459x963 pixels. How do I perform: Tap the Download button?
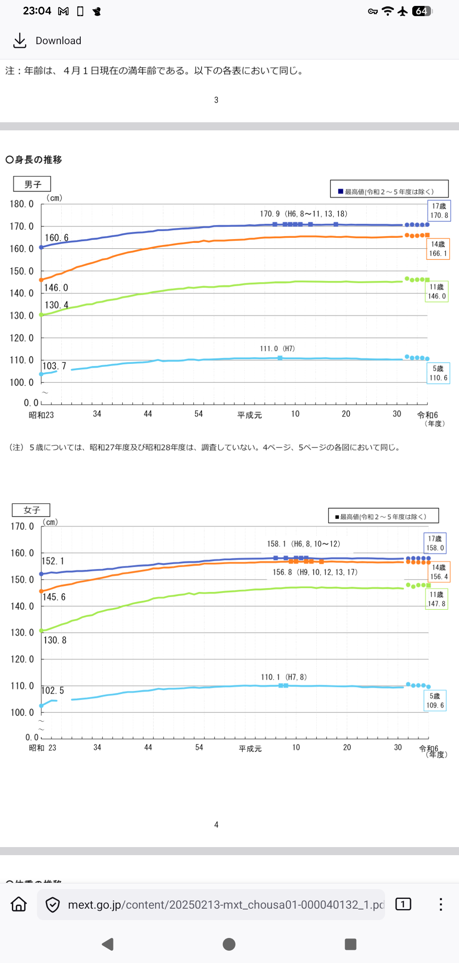[48, 41]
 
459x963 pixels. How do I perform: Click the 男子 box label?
[32, 184]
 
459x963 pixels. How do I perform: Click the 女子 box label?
[31, 510]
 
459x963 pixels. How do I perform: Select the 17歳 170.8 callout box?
[439, 211]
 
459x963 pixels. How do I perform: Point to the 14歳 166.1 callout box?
[438, 249]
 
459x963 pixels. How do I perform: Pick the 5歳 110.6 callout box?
[438, 373]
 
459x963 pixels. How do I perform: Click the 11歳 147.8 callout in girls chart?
[436, 599]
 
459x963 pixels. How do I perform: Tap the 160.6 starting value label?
[57, 238]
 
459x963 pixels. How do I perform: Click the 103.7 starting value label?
[54, 366]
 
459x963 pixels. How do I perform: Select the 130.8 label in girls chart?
[55, 640]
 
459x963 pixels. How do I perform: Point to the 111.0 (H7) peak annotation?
[277, 349]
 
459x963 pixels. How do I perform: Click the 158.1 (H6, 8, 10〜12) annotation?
[303, 544]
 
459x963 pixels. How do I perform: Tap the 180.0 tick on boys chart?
[22, 204]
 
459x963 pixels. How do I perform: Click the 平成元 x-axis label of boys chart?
[249, 415]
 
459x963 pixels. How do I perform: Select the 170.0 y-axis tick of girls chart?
[22, 527]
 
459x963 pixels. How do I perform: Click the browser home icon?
[19, 904]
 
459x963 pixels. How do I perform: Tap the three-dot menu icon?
[441, 904]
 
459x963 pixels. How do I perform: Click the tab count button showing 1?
[403, 904]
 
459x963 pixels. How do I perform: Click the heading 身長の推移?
[34, 160]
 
